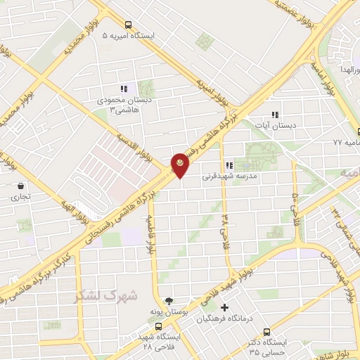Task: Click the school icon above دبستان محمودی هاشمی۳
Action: coord(124,89)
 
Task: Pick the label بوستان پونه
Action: coord(167,311)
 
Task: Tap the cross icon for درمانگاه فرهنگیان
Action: coord(225,308)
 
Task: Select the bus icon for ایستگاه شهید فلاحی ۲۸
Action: coord(159,326)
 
